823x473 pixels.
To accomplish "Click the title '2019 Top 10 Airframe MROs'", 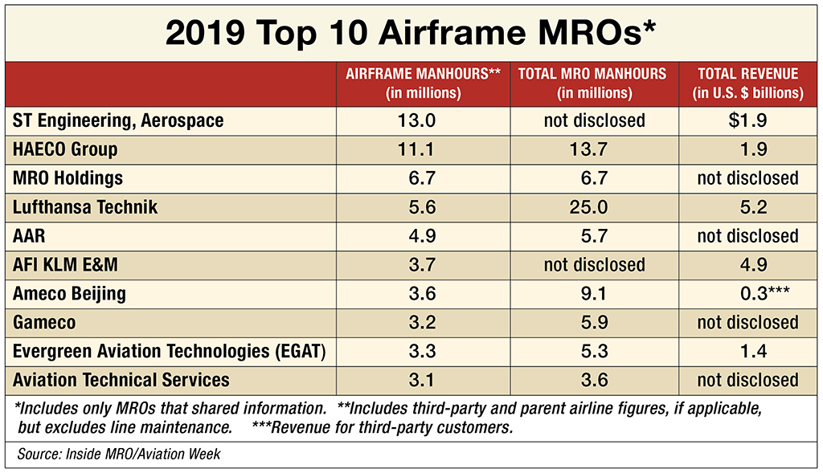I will (x=411, y=32).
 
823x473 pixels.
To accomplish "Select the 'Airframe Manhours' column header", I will (x=424, y=83).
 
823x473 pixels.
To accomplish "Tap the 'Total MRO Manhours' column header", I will (x=592, y=83).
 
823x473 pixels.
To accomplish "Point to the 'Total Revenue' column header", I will (x=748, y=83).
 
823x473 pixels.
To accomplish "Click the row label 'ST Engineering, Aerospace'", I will (x=118, y=120).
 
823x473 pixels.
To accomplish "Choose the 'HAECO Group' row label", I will (x=65, y=149).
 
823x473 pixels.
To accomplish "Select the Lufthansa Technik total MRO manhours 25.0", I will (x=594, y=207).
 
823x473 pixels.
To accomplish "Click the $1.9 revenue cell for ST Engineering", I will (x=748, y=120).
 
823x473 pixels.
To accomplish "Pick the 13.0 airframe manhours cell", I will (x=424, y=120).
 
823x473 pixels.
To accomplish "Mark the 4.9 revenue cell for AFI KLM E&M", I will (x=748, y=264).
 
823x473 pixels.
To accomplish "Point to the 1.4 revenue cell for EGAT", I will (x=748, y=351).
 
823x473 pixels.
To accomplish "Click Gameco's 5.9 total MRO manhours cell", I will (x=594, y=322).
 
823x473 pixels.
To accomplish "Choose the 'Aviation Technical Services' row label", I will (x=121, y=380).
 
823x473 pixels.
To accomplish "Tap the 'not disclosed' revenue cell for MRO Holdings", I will (x=748, y=178).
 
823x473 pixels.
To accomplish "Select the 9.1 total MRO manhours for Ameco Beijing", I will (x=594, y=294).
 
